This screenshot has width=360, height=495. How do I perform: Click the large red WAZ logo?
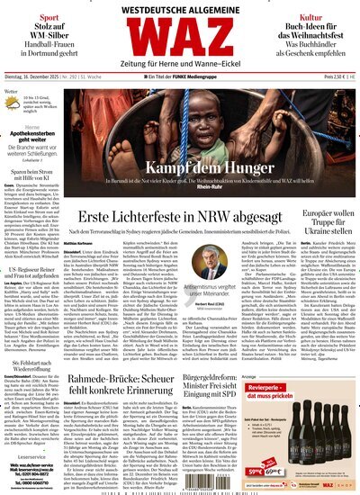[180, 49]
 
